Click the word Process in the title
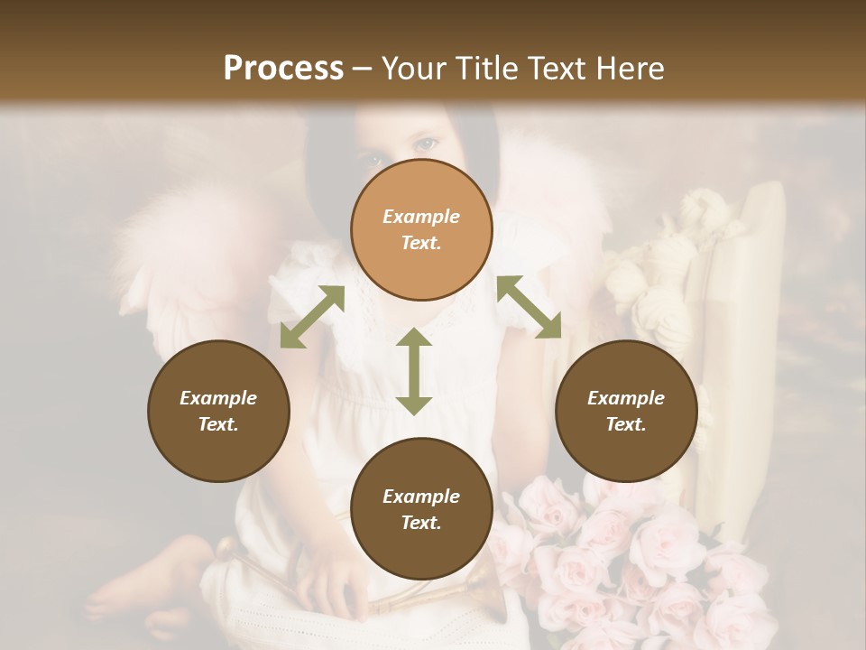(x=283, y=69)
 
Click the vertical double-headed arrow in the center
(x=414, y=371)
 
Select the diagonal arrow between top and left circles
(x=312, y=317)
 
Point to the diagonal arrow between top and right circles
(x=529, y=308)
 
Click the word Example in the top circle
(x=421, y=217)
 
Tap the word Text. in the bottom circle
(x=421, y=523)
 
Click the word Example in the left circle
(x=218, y=398)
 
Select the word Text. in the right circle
(x=626, y=424)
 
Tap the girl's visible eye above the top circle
(x=425, y=144)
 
